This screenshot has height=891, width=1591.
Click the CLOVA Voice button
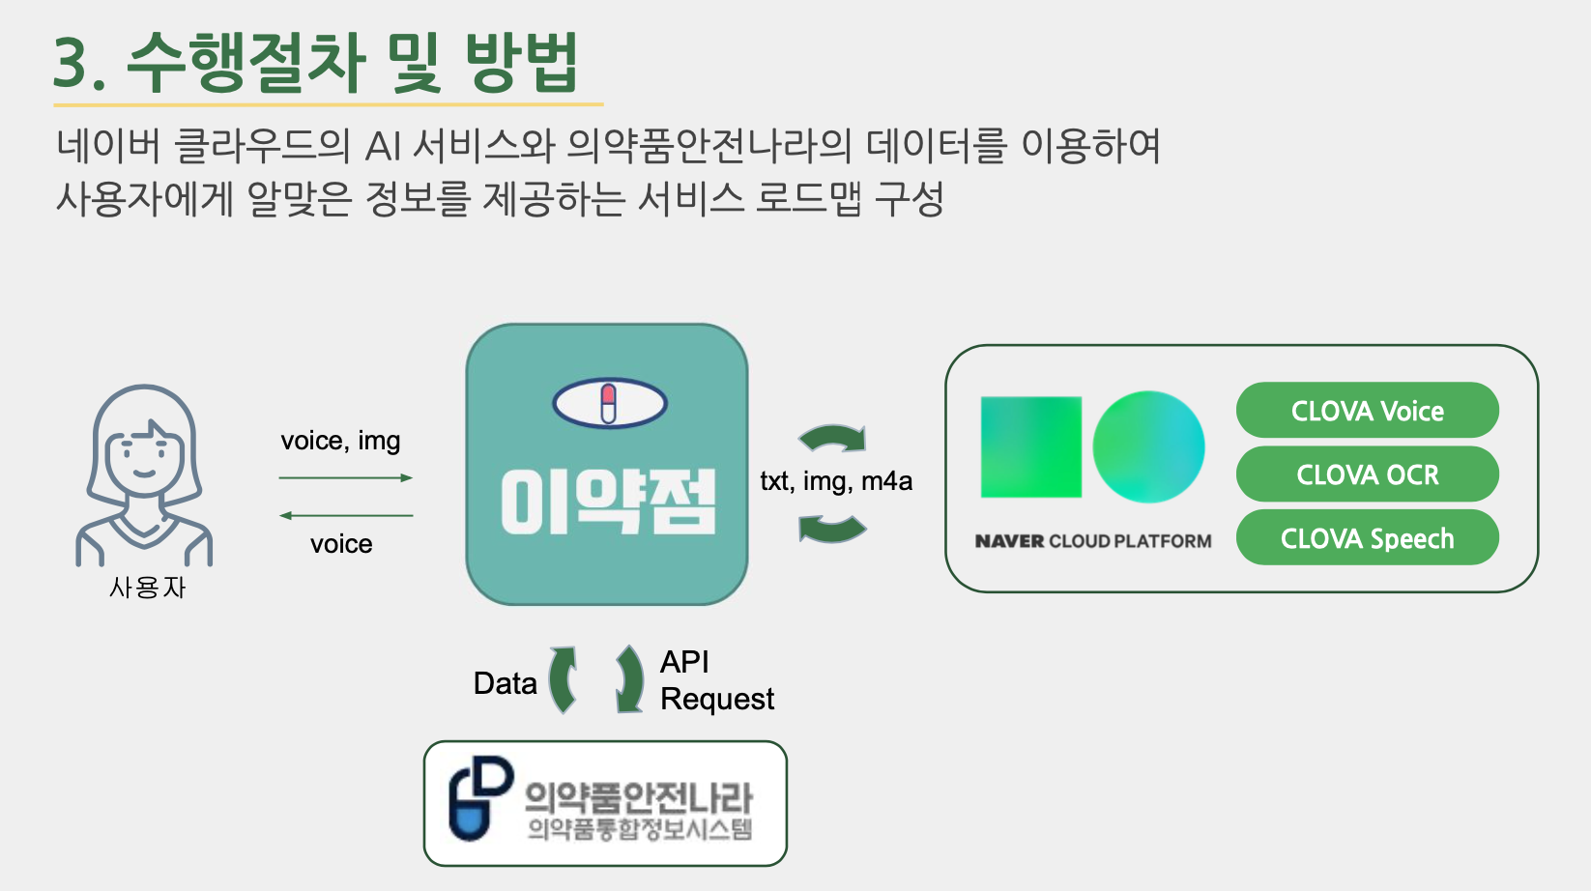(x=1367, y=411)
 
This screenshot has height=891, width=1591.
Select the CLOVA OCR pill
(x=1367, y=474)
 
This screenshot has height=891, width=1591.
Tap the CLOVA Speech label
(x=1367, y=538)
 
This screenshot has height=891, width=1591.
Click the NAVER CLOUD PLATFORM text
(x=1092, y=541)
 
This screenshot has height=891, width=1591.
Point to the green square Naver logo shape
(x=1030, y=446)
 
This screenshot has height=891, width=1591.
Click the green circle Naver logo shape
(x=1148, y=446)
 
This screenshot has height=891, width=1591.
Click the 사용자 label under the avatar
(x=147, y=588)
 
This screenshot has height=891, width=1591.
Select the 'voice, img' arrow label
(x=340, y=441)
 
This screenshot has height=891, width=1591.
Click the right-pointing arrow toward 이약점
(x=345, y=477)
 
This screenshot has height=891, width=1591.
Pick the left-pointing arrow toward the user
(x=345, y=515)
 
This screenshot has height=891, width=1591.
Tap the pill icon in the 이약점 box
(x=609, y=403)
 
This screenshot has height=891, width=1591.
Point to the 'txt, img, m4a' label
(x=836, y=480)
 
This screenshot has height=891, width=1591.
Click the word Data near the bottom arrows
(x=505, y=683)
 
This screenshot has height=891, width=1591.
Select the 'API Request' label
(x=715, y=680)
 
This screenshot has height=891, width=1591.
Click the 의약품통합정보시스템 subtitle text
(x=639, y=829)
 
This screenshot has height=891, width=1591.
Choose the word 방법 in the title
(x=521, y=62)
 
